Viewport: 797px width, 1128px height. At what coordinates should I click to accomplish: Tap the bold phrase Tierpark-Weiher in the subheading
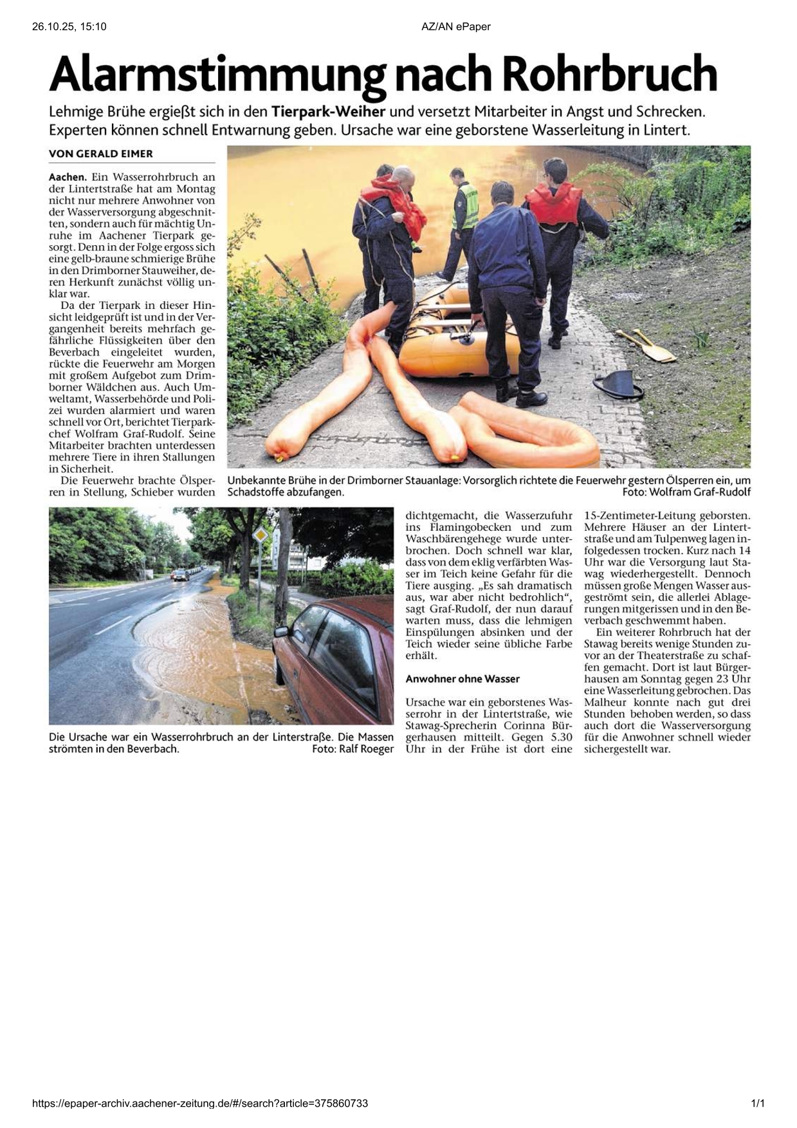click(328, 111)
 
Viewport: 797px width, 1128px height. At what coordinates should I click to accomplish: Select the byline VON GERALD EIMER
click(101, 154)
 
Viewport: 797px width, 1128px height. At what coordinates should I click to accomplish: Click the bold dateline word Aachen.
click(67, 177)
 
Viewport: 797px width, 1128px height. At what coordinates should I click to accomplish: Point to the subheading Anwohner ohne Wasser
click(463, 679)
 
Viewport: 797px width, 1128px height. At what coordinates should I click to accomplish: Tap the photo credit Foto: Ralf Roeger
click(353, 749)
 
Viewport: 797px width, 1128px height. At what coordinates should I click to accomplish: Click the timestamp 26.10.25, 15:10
click(69, 26)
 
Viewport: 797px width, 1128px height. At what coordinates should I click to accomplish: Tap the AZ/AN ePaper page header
click(456, 26)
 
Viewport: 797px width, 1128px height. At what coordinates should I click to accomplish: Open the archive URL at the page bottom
click(200, 1104)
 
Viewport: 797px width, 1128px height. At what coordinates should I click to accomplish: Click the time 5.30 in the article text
click(558, 737)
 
